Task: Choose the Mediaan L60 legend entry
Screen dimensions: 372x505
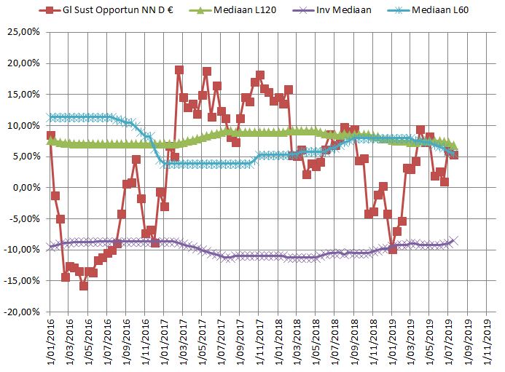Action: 449,11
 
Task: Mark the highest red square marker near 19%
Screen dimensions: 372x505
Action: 179,71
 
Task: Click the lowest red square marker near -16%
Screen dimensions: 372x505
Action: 84,285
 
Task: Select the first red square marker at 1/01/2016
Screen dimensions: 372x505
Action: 50,135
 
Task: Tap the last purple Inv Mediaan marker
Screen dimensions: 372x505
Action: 453,240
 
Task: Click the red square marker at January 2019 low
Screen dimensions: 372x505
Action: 392,249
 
